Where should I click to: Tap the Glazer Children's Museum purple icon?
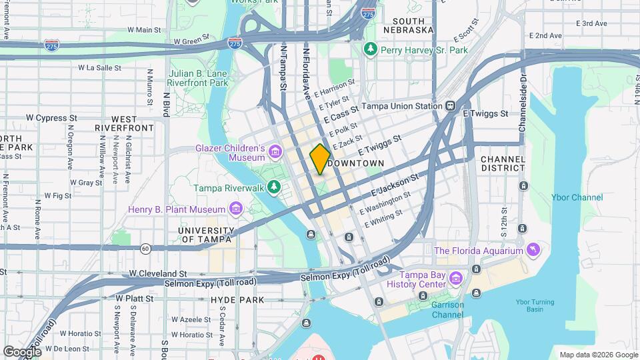tap(275, 153)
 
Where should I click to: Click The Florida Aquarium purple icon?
tap(532, 251)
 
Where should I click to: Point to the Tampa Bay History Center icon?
tap(455, 277)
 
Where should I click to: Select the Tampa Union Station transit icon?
tap(451, 106)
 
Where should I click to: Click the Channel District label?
tap(503, 165)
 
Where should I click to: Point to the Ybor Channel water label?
tap(577, 197)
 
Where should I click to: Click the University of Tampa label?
tap(206, 235)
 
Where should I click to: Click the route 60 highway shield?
tap(145, 248)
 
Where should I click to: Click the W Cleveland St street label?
tap(158, 273)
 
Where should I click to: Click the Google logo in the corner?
tap(22, 351)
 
